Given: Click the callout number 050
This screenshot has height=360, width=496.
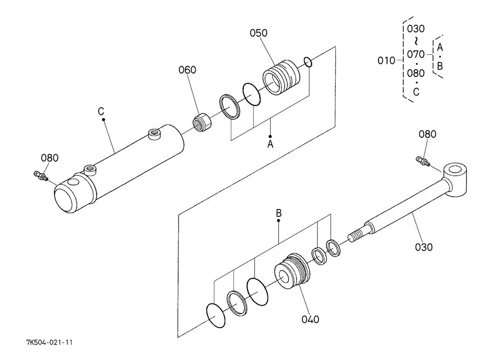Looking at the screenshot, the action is (258, 33).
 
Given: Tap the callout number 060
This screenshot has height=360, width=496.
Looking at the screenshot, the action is (187, 70).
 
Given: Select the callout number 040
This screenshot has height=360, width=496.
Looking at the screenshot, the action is (311, 320).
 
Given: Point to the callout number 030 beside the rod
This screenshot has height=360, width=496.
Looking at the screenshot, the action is (424, 247).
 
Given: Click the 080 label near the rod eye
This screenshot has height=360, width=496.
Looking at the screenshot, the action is (428, 134).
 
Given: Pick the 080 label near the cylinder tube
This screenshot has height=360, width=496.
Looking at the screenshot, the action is (50, 158).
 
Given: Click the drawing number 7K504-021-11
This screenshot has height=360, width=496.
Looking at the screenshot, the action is (50, 342).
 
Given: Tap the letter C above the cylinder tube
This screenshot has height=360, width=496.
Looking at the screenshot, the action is (101, 112).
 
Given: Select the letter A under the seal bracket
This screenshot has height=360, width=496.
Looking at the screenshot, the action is (270, 144).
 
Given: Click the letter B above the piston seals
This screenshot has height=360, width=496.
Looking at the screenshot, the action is (279, 213).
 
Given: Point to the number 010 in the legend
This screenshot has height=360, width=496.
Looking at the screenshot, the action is (386, 60).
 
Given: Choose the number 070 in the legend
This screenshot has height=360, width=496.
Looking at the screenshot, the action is (416, 54).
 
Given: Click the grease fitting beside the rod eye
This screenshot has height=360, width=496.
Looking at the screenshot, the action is (423, 161).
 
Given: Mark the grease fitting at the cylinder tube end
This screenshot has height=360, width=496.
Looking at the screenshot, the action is (40, 175).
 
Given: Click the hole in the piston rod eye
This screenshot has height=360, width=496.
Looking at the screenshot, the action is (455, 169).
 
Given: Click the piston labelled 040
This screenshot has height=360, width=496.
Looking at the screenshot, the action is (292, 271).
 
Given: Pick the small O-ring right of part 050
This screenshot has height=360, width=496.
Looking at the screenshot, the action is (308, 62).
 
